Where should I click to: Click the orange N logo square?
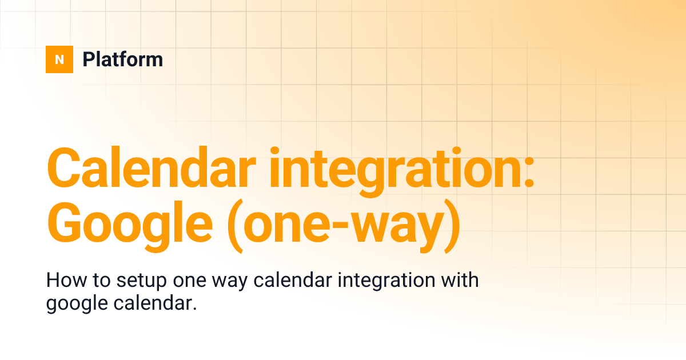(x=59, y=59)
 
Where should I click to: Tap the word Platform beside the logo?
(x=122, y=59)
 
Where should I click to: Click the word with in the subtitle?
(x=461, y=281)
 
